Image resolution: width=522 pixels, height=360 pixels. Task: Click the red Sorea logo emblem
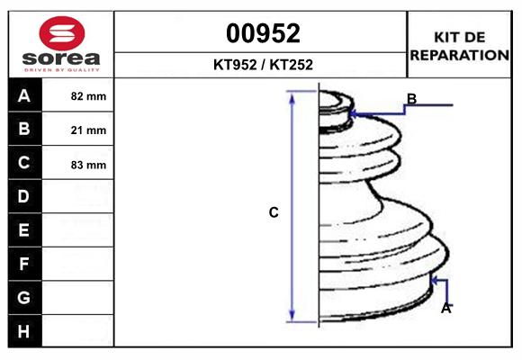(62, 33)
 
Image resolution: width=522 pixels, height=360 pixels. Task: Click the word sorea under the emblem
(61, 58)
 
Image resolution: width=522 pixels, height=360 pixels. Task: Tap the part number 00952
(263, 33)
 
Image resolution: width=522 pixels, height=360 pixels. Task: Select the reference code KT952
(235, 65)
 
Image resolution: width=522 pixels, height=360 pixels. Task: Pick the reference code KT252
(292, 65)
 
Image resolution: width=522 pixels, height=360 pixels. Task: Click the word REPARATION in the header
(459, 55)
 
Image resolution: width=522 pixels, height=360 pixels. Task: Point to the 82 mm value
(88, 96)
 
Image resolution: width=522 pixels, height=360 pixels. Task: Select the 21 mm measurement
(88, 130)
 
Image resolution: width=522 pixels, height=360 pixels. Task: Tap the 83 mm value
(88, 165)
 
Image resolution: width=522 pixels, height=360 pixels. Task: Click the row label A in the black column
(24, 95)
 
